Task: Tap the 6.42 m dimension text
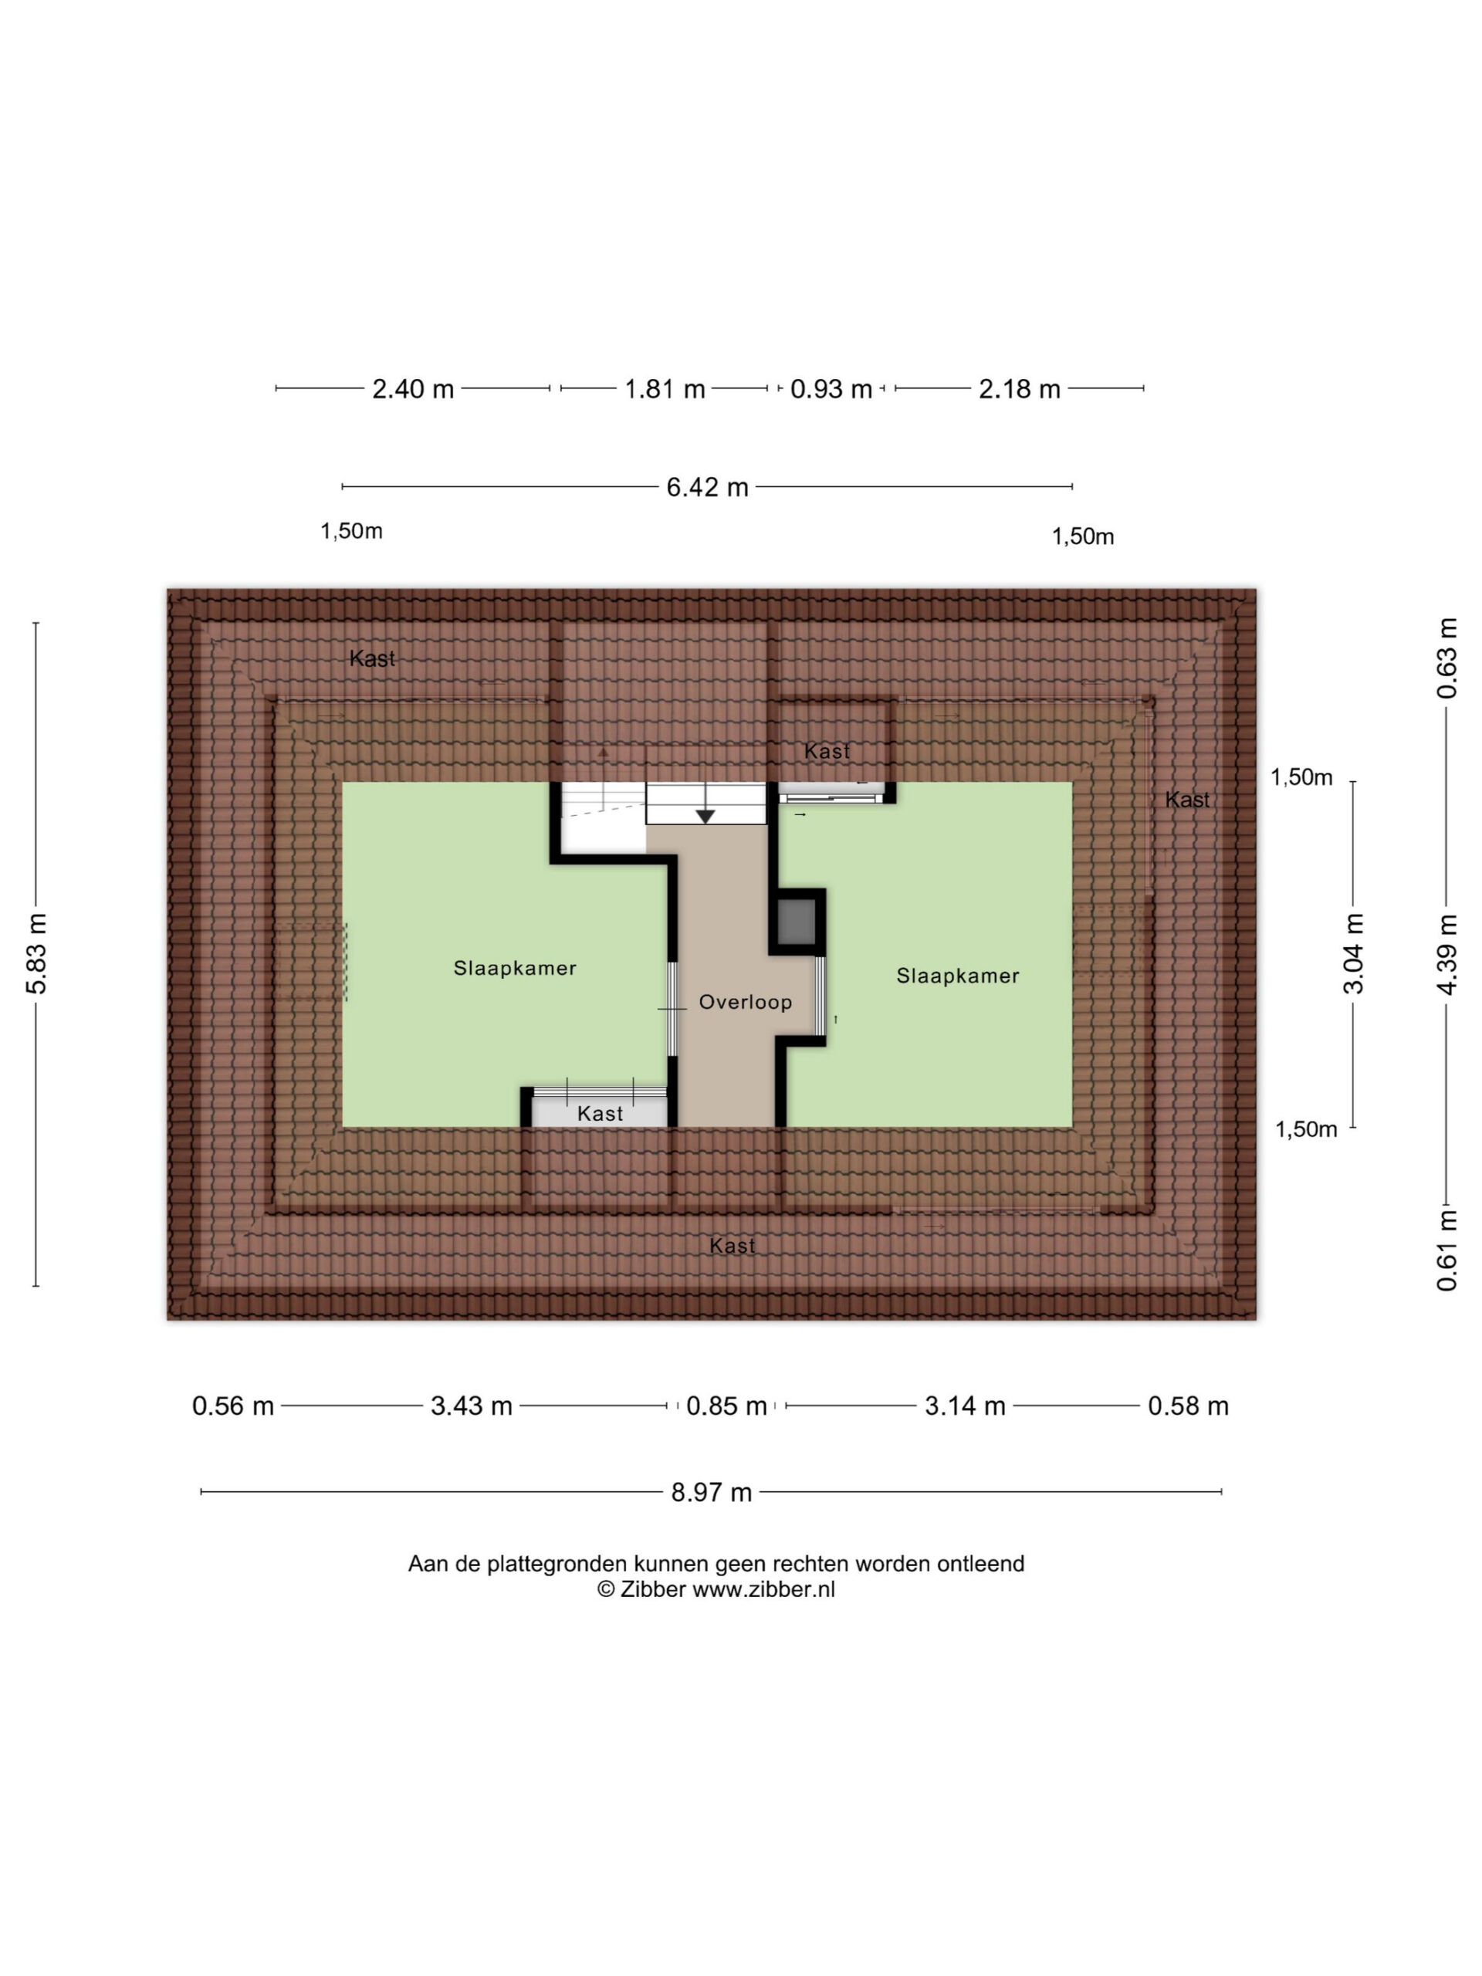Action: coord(708,487)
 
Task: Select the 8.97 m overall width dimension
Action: coord(711,1492)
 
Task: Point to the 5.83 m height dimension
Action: coord(36,954)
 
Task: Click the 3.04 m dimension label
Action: coord(1353,954)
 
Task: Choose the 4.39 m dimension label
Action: coord(1447,954)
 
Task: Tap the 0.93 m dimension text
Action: coord(831,390)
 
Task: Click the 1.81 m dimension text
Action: coord(665,390)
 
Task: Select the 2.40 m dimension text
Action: coord(413,390)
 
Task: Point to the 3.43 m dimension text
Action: coord(472,1406)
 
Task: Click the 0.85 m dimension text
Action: coord(726,1406)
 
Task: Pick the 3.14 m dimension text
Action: coord(965,1406)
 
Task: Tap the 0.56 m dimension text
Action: coord(233,1406)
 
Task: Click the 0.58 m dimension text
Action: coord(1188,1406)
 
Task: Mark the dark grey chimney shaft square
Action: coord(797,921)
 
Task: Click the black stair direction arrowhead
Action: coord(705,817)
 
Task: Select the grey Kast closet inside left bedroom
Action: coord(600,1112)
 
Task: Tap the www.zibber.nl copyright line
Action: coord(716,1589)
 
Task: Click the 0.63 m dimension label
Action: coord(1447,658)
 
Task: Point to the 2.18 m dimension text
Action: coord(1020,390)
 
